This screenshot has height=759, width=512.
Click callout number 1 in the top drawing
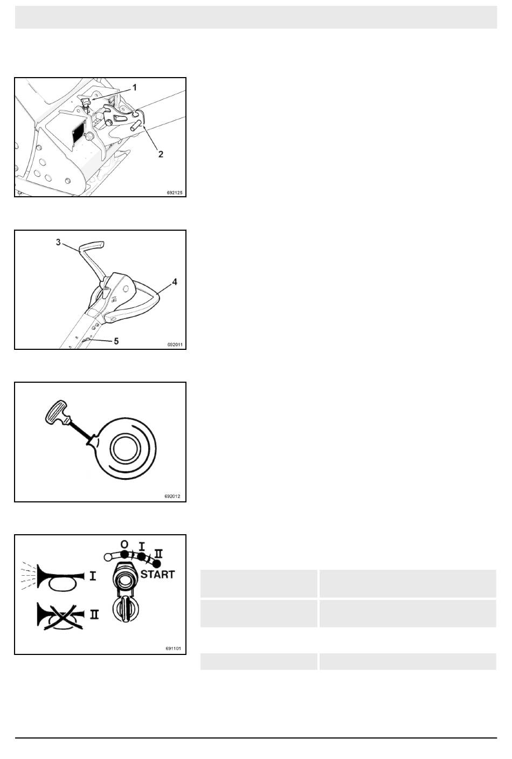[x=135, y=88]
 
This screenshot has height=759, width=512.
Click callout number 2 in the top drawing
[x=161, y=154]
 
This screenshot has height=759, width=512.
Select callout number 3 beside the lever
[x=58, y=242]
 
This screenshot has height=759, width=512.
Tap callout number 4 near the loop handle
[x=175, y=282]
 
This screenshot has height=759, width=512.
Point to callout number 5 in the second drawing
[x=116, y=341]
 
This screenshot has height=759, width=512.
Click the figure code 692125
[x=175, y=193]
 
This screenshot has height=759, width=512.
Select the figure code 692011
[x=175, y=344]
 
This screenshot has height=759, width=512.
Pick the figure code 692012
[x=172, y=496]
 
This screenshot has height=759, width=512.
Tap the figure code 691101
[x=173, y=648]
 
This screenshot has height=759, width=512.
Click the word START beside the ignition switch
[x=157, y=575]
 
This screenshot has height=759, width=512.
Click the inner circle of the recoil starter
[x=125, y=448]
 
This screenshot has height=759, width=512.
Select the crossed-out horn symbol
[x=60, y=617]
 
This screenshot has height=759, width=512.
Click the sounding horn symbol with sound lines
[x=52, y=576]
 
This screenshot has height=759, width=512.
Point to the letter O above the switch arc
[x=124, y=544]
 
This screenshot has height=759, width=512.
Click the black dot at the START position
[x=157, y=563]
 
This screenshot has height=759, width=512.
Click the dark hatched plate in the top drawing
[x=78, y=133]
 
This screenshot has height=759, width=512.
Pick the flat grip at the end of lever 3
[x=92, y=246]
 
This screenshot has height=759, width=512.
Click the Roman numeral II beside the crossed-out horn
[x=94, y=615]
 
